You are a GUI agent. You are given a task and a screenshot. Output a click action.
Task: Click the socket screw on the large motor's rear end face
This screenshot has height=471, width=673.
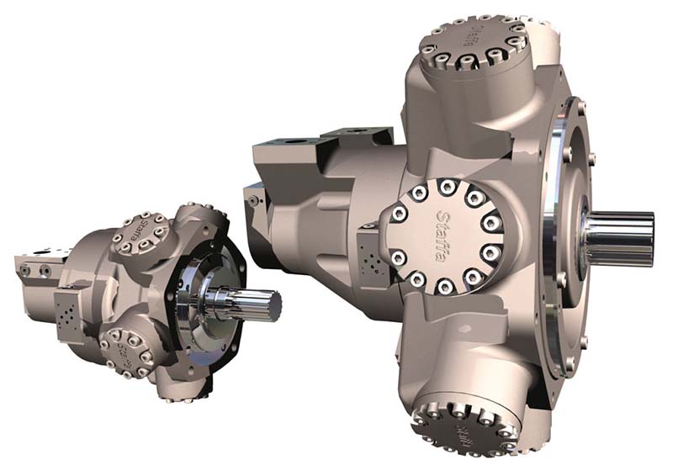click(251, 198)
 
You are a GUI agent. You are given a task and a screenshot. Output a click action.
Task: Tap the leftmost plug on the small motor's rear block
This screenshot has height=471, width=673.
click(24, 269)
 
